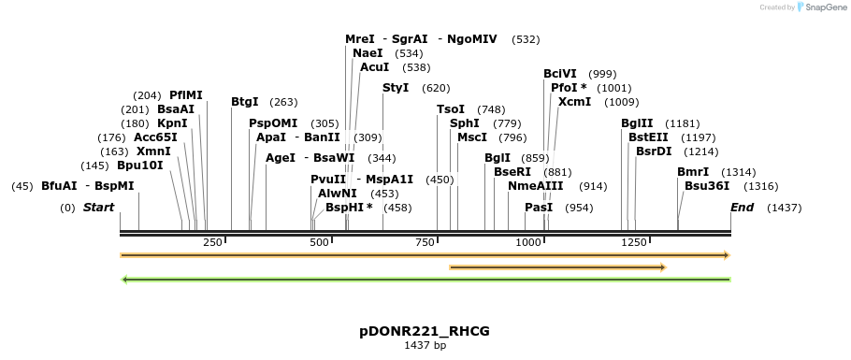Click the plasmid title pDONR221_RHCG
(425, 331)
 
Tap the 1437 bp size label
(425, 346)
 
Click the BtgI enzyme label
(245, 102)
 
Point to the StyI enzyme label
(396, 88)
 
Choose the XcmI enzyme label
(574, 102)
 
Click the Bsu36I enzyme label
(707, 186)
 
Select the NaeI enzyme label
(368, 53)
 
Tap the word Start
(98, 208)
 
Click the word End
(742, 208)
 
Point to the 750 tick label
(425, 243)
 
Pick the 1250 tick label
(634, 243)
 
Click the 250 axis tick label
(212, 243)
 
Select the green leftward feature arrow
(425, 279)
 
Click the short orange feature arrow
(557, 267)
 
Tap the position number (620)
(436, 88)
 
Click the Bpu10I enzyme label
(140, 166)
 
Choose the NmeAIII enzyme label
(536, 186)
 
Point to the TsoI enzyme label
(451, 109)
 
